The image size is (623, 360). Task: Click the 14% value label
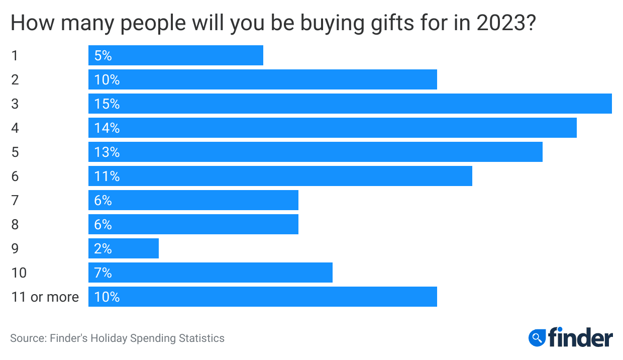pyautogui.click(x=107, y=128)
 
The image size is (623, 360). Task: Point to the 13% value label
pyautogui.click(x=107, y=152)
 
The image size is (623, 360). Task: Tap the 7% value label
pyautogui.click(x=103, y=273)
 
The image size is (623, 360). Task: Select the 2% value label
pyautogui.click(x=103, y=249)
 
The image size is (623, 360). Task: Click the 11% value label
pyautogui.click(x=107, y=176)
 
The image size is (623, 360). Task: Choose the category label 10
pyautogui.click(x=19, y=273)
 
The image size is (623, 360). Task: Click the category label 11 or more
pyautogui.click(x=45, y=297)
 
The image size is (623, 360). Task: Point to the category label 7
pyautogui.click(x=15, y=201)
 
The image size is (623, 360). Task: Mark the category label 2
pyautogui.click(x=15, y=80)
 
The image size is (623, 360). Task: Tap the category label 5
pyautogui.click(x=15, y=152)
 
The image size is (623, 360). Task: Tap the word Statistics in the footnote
pyautogui.click(x=201, y=338)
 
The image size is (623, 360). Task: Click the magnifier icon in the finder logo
pyautogui.click(x=537, y=337)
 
